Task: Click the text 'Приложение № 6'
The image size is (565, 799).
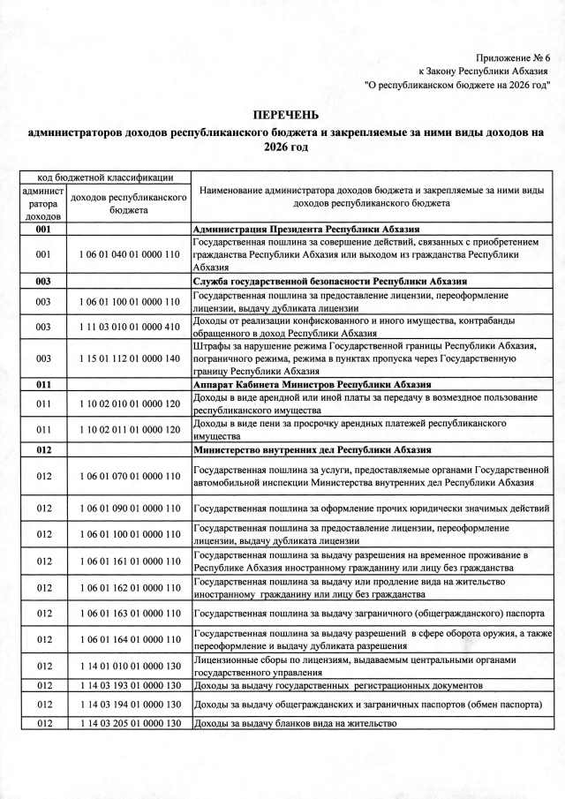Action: pos(513,57)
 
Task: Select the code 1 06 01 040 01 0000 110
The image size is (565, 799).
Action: pos(129,254)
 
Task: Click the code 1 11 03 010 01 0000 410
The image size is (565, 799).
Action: pos(129,327)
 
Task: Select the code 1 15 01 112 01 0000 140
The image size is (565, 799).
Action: pos(129,359)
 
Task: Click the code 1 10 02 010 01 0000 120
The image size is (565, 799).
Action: pos(129,404)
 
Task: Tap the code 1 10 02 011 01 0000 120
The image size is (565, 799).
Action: pos(129,430)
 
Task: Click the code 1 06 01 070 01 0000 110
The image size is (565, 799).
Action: pos(129,477)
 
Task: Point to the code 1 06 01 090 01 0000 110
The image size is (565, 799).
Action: pos(129,509)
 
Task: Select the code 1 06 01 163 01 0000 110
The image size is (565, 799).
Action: pos(129,614)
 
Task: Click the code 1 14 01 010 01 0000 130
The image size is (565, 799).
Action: pos(129,666)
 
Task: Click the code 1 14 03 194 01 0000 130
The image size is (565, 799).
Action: pos(129,705)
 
